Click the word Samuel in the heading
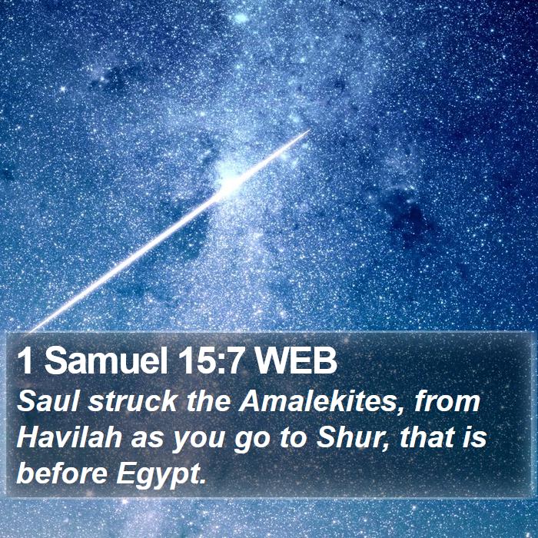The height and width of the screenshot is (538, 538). pyautogui.click(x=106, y=362)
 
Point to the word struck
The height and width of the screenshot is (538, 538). pyautogui.click(x=132, y=402)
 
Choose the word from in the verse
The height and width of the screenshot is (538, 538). pyautogui.click(x=446, y=402)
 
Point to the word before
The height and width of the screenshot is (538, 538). pyautogui.click(x=61, y=474)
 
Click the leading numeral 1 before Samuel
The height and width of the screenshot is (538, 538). pyautogui.click(x=25, y=362)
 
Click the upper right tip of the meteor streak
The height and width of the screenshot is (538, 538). pyautogui.click(x=310, y=131)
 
